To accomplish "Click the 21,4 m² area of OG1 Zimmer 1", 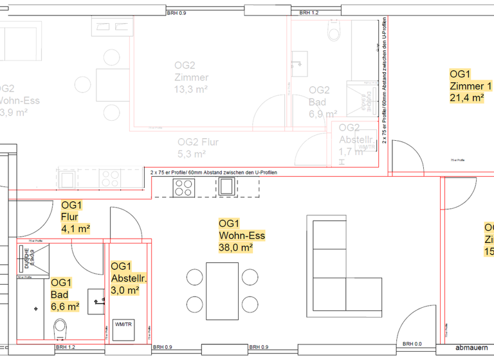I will click(466, 98).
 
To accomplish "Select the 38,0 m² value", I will click(235, 248).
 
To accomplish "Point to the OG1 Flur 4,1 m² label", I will click(75, 217).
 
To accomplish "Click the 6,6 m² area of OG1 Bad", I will click(65, 307).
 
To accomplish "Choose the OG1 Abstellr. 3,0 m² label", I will click(129, 278).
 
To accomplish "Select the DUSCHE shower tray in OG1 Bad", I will click(31, 260).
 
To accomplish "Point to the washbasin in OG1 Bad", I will click(96, 300).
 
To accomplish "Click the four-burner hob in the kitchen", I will click(183, 187).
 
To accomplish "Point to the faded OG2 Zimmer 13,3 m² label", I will click(191, 77).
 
